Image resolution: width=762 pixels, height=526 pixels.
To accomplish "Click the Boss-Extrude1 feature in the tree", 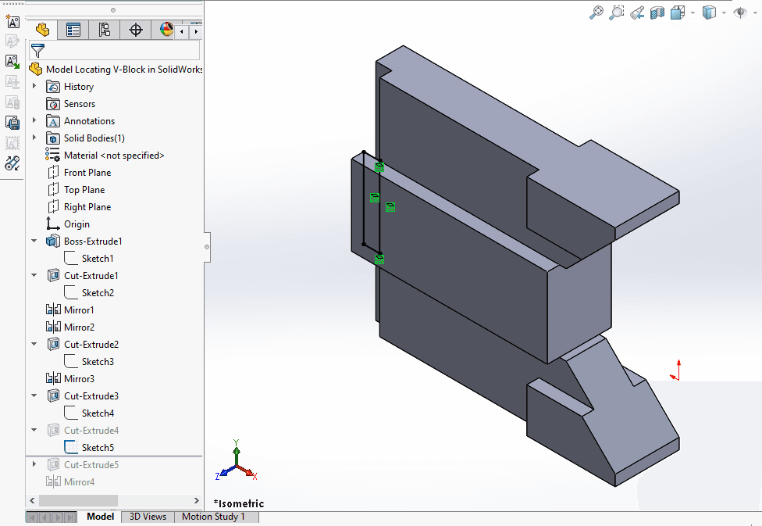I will pos(93,242).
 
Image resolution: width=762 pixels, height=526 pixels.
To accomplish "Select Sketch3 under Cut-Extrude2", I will pos(98,362).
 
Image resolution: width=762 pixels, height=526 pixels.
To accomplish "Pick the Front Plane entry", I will pos(87,173).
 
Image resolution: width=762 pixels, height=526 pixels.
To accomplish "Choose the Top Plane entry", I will pos(84,190).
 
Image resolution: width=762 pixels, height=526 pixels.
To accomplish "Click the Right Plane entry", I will pos(87,207).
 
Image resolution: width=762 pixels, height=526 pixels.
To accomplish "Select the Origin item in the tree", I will pos(77,224).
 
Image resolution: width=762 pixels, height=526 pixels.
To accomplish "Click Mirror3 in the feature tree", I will pos(79,379).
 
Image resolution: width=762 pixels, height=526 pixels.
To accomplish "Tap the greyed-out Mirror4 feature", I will pos(79,482).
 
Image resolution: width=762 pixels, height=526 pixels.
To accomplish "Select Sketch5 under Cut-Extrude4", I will pos(98,448).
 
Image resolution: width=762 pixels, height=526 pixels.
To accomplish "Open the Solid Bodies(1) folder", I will pos(94,138).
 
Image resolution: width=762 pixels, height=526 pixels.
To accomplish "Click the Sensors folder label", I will pos(80,104).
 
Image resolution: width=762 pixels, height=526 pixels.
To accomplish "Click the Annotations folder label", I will pos(89,121).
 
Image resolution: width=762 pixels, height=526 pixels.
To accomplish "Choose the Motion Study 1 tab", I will pos(213,517).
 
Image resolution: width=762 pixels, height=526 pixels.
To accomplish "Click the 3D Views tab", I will pos(148,517).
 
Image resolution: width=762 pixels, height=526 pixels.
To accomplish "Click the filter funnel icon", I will pos(37,51).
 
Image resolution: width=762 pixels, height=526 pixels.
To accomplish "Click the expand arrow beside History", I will pos(34,87).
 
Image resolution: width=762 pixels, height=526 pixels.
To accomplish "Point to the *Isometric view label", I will pos(239,503).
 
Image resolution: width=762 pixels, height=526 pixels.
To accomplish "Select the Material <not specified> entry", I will pos(114,156).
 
